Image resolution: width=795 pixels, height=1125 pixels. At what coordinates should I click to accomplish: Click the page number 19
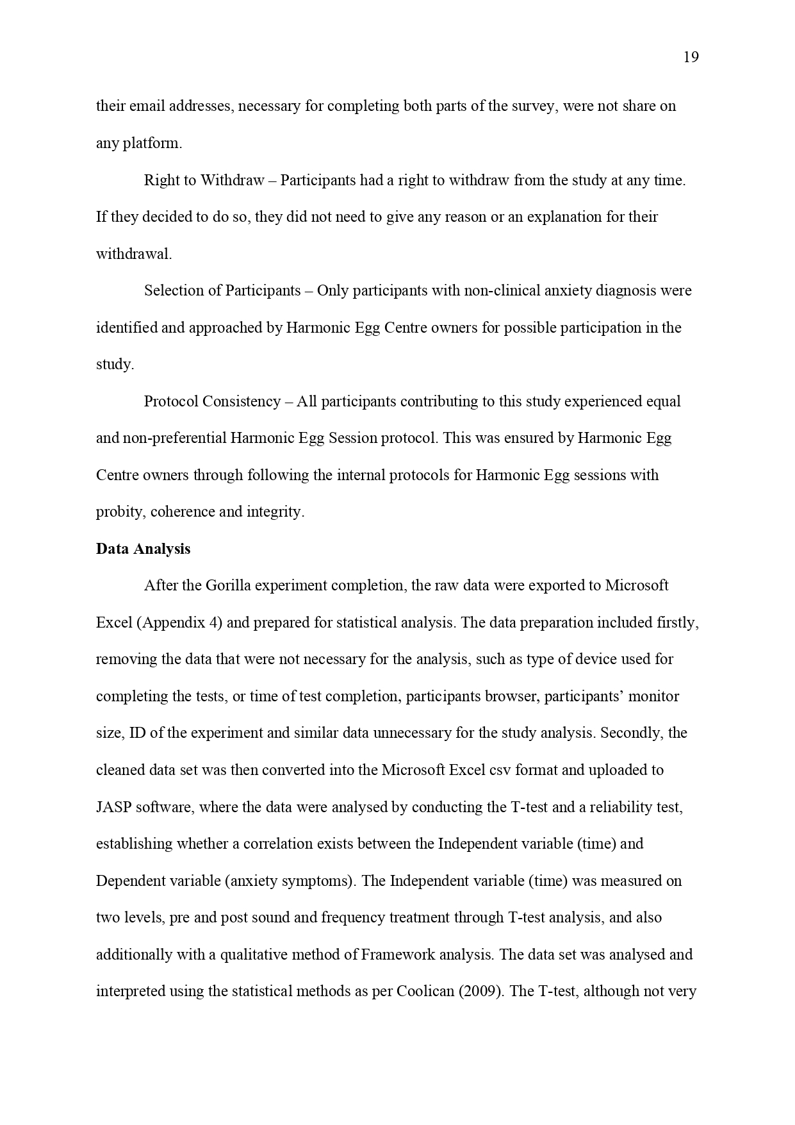[x=691, y=58]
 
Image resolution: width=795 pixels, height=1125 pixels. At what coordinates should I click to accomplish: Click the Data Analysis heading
[x=143, y=549]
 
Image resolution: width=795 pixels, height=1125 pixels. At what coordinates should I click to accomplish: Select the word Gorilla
[x=227, y=586]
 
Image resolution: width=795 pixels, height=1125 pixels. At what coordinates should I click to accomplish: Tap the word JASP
[x=113, y=808]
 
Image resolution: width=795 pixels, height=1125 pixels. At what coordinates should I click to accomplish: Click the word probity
[x=120, y=512]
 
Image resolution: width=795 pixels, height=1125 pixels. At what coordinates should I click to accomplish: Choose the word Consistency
[x=242, y=402]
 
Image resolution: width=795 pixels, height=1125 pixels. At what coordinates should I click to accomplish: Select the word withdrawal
[x=133, y=254]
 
